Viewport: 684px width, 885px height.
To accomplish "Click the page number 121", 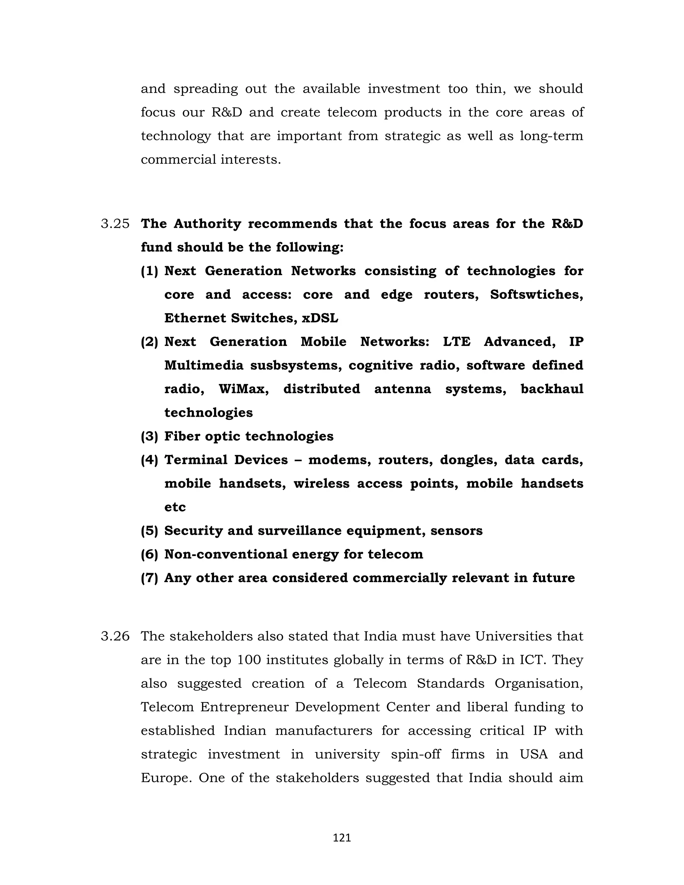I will (342, 838).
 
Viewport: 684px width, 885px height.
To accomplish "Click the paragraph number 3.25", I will (115, 224).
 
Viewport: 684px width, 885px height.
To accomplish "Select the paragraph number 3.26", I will (115, 636).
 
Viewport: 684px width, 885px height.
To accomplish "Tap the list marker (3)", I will (149, 436).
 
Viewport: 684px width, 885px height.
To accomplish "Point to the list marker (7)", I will (149, 578).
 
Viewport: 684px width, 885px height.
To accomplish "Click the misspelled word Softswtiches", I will (536, 295).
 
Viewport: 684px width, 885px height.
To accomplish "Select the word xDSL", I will (320, 318).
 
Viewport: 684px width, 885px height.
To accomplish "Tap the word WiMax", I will (243, 389).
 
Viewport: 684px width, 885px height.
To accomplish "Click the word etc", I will (175, 507).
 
